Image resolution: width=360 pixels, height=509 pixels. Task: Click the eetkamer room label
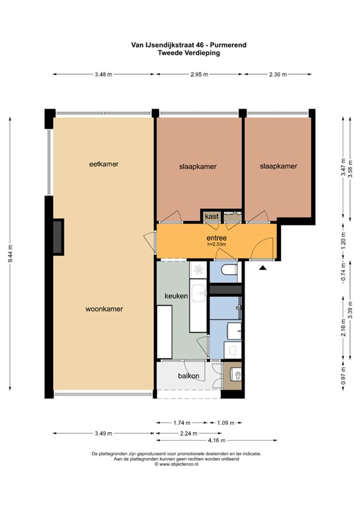pyautogui.click(x=104, y=164)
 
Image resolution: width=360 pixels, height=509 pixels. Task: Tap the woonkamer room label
pyautogui.click(x=104, y=309)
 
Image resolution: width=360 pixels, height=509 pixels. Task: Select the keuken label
pyautogui.click(x=176, y=296)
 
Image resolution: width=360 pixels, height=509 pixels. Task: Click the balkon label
pyautogui.click(x=188, y=376)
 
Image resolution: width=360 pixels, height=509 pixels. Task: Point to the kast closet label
pyautogui.click(x=211, y=216)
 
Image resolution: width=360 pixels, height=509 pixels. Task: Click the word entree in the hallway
pyautogui.click(x=217, y=238)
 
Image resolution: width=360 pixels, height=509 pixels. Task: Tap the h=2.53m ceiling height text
pyautogui.click(x=217, y=244)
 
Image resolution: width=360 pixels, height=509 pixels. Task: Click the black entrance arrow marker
pyautogui.click(x=263, y=268)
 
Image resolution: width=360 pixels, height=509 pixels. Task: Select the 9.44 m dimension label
pyautogui.click(x=10, y=254)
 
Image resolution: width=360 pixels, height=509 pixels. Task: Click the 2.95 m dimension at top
pyautogui.click(x=199, y=74)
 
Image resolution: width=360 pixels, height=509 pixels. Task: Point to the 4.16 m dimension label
pyautogui.click(x=217, y=441)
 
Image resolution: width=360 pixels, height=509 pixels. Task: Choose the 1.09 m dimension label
pyautogui.click(x=225, y=423)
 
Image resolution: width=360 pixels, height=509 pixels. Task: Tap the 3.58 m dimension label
pyautogui.click(x=350, y=169)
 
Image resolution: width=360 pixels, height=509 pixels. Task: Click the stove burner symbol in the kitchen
pyautogui.click(x=198, y=270)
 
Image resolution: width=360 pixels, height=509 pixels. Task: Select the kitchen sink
pyautogui.click(x=198, y=293)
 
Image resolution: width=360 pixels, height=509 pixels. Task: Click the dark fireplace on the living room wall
pyautogui.click(x=58, y=237)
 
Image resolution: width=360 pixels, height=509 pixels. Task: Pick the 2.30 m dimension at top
pyautogui.click(x=278, y=74)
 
